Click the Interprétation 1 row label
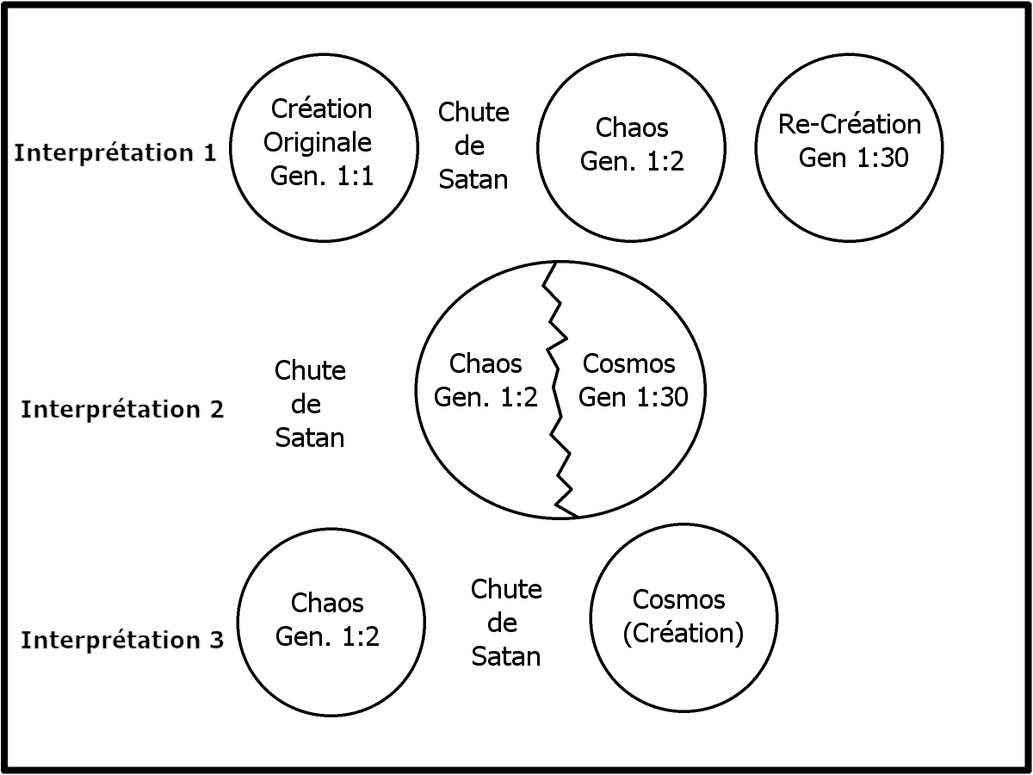coord(115,152)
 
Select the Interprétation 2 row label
coord(122,408)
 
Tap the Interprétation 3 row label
coord(122,640)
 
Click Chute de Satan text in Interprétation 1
coord(473,146)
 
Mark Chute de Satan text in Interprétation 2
coord(310,404)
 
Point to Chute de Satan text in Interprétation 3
coord(506,623)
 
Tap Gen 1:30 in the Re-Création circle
coord(853,158)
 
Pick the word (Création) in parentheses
coord(682,632)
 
